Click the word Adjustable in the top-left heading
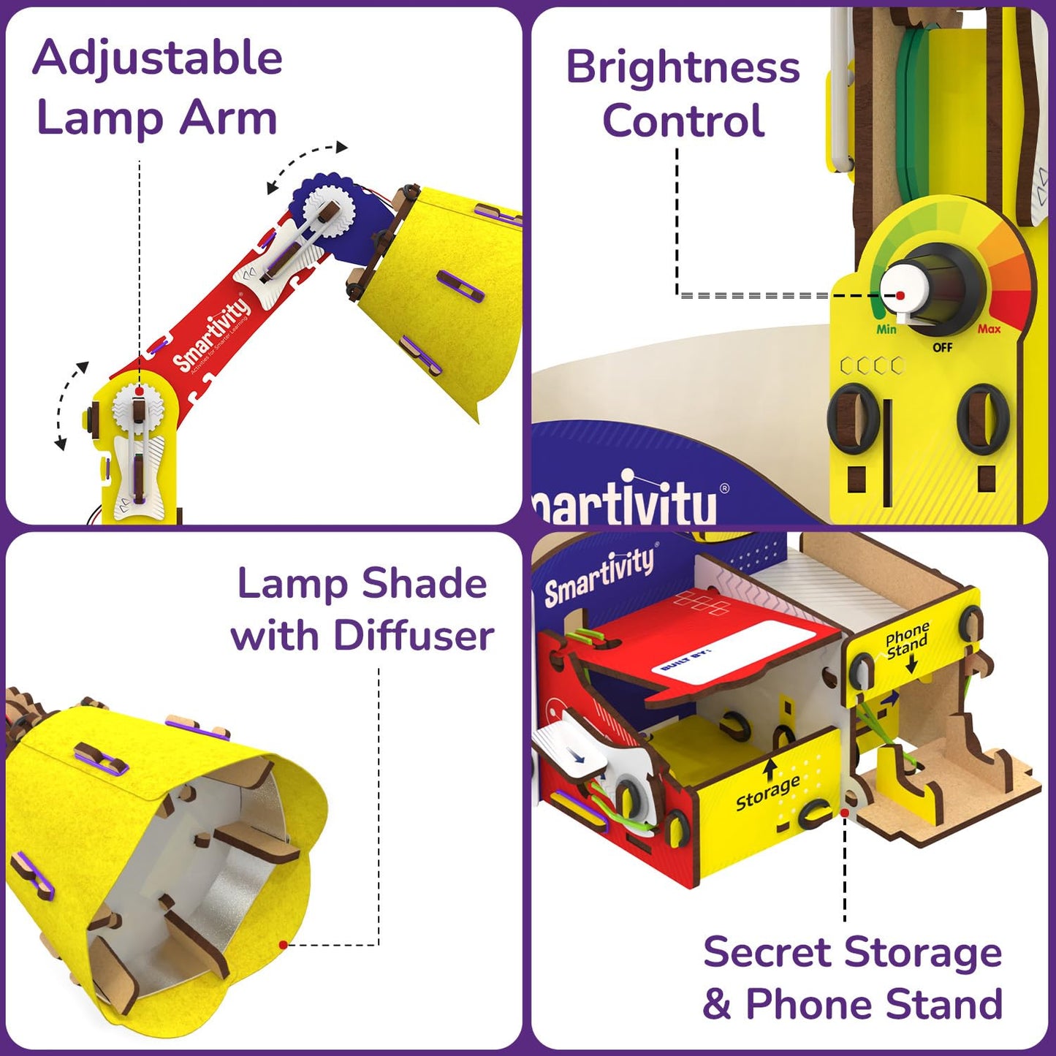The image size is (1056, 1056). (x=157, y=58)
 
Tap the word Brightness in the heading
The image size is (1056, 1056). (x=683, y=68)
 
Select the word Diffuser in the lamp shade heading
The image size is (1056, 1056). (x=414, y=635)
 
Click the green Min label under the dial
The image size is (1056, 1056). (x=886, y=330)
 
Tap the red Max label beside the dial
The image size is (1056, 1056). (x=989, y=329)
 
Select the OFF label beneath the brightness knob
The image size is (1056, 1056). (x=943, y=347)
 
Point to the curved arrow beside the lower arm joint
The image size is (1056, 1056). (x=69, y=404)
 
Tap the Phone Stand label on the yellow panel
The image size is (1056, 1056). (x=907, y=640)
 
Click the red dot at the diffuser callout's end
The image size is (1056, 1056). (x=283, y=945)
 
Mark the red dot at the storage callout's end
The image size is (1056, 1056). (x=845, y=812)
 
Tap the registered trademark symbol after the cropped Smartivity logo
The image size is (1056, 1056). (x=724, y=488)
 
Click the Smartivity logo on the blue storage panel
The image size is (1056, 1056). (x=599, y=577)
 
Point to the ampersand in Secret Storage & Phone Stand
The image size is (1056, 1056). (x=716, y=1004)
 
